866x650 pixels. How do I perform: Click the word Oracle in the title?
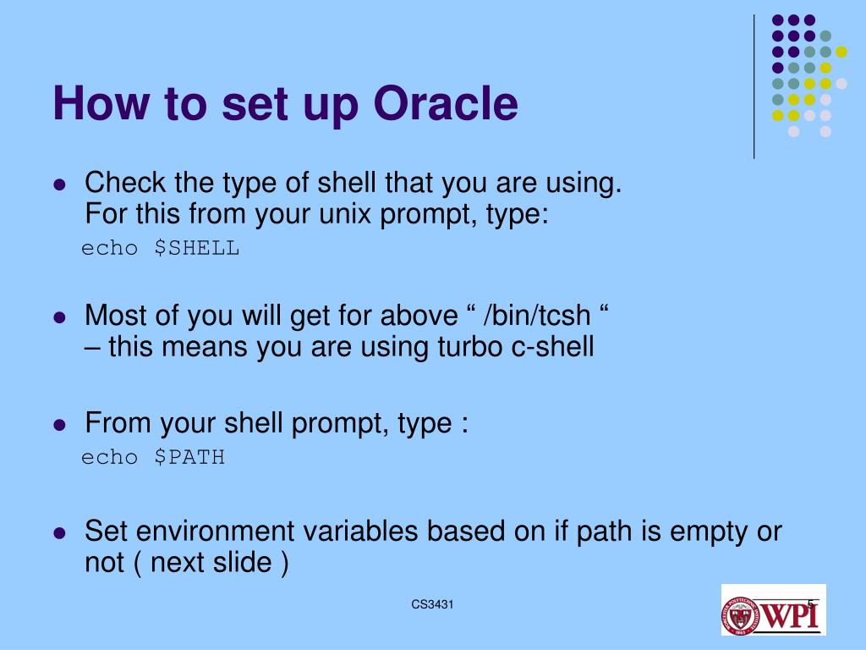(446, 103)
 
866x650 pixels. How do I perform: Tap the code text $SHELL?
(196, 248)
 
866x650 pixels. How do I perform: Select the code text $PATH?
(189, 458)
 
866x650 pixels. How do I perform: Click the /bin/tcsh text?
(537, 316)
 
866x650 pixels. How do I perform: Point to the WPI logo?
(773, 609)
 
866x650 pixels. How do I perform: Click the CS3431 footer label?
(432, 604)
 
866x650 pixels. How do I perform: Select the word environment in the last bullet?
(215, 532)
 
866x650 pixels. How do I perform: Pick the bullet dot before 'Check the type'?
(60, 184)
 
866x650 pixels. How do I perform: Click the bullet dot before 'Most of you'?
(60, 317)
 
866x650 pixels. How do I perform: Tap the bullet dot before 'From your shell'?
(60, 425)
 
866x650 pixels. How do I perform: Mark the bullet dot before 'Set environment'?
(60, 533)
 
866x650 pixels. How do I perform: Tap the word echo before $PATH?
(109, 458)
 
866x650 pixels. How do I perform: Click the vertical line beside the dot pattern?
(754, 87)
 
